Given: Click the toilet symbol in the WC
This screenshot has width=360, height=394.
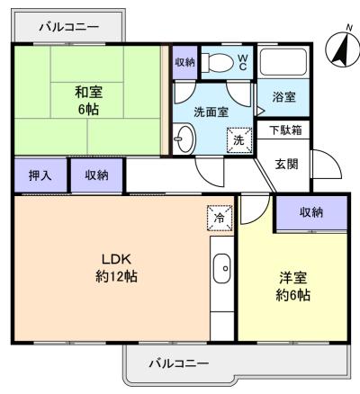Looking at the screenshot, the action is coord(217,63).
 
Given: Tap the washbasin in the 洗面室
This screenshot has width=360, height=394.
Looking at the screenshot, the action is coord(184,139).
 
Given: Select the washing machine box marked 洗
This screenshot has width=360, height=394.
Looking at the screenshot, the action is coord(239,140).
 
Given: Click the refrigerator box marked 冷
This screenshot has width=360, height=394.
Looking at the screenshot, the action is coord(220,218).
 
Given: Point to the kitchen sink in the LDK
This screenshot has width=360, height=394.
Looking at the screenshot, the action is coord(222,268).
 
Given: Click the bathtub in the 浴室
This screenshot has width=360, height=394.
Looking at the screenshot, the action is coord(283,62).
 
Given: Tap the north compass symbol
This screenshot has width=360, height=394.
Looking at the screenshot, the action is coord(343,48).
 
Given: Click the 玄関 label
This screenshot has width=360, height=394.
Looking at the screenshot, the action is coord(286,164).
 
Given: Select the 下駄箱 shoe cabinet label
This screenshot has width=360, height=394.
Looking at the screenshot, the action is coord(285,130).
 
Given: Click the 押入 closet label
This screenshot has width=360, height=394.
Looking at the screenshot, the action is coord(40,175).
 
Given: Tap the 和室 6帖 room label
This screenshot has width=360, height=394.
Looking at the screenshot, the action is coord(88,101).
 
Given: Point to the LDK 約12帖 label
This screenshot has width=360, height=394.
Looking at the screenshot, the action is coord(116,268).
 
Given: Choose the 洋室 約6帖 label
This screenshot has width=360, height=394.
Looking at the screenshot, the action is coord(293,286).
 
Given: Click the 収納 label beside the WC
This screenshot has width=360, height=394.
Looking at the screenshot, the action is coord(185,62).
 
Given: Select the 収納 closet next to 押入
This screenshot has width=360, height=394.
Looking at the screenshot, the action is coord(96,175).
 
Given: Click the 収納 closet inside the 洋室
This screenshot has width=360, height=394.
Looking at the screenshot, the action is coord(311,212).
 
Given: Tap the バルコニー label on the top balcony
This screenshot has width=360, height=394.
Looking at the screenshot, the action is coord(69,28).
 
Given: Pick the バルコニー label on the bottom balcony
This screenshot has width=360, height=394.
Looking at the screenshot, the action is coord(179,364).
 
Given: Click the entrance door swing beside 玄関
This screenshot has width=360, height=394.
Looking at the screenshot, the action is coord(327,164).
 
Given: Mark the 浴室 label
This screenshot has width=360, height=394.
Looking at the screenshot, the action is coord(283,97).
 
